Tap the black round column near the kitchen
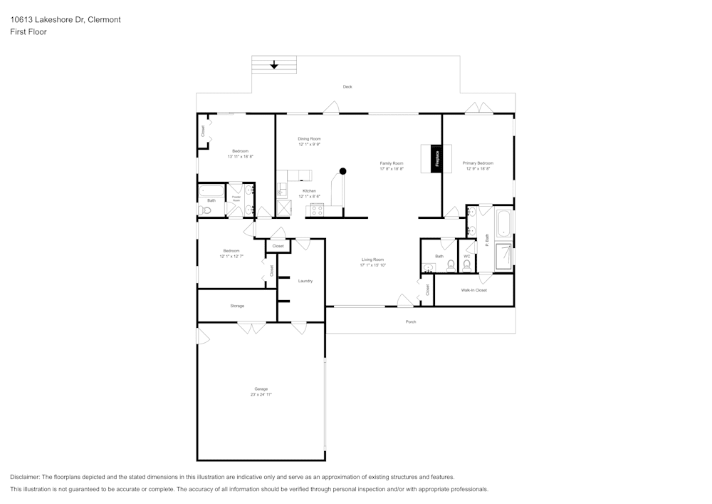(342, 171)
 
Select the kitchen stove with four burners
(315, 210)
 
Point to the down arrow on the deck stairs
(274, 66)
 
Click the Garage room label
(261, 389)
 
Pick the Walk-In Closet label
(473, 290)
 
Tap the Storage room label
(237, 306)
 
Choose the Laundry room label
(305, 281)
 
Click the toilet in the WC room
(466, 266)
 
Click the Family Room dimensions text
(392, 169)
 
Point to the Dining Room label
(309, 138)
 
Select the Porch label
(411, 322)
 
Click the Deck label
(347, 87)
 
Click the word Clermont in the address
(104, 20)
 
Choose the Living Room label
(372, 259)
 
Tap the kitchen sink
(282, 189)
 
